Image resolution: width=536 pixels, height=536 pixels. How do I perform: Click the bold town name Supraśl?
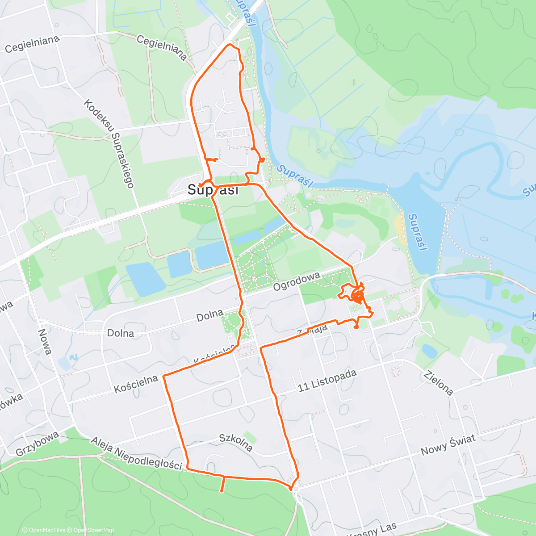tap(213, 190)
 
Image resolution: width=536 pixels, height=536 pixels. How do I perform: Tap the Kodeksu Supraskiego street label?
tap(109, 143)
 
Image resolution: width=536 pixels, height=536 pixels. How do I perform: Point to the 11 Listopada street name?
tap(327, 381)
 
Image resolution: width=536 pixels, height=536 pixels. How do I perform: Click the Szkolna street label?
tap(236, 442)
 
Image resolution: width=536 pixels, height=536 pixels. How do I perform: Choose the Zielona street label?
tap(439, 383)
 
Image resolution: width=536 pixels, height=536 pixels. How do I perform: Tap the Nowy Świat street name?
tap(448, 444)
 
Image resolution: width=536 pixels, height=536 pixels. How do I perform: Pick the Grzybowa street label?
tap(37, 443)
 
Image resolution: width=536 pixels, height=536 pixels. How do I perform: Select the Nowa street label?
tap(45, 341)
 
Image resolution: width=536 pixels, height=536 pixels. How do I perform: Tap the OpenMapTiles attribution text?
tap(46, 530)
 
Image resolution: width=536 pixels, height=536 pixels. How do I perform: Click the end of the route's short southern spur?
tap(222, 492)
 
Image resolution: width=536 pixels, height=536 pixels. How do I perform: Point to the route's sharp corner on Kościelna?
tap(164, 377)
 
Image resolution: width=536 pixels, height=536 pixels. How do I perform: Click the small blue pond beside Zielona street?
tap(430, 351)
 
